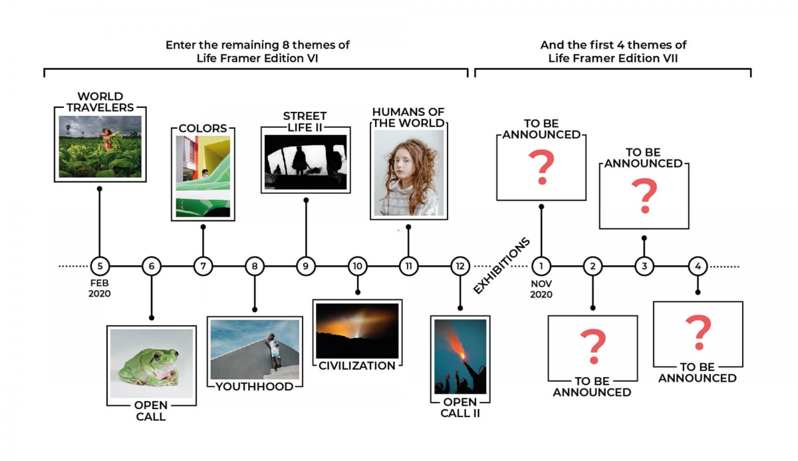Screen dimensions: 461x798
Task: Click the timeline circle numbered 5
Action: (100, 266)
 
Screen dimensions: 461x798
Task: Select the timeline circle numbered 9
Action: (306, 266)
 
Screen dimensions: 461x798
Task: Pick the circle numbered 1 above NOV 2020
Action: (541, 266)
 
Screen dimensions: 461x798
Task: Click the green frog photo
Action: (152, 364)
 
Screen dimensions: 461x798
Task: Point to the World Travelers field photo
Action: (100, 146)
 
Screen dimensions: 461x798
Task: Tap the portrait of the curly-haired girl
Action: (408, 173)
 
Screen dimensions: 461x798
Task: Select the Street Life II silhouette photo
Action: (306, 163)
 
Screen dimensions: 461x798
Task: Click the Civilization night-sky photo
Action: (357, 331)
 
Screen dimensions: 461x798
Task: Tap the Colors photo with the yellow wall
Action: (203, 176)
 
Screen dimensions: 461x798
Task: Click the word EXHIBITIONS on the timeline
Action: (502, 265)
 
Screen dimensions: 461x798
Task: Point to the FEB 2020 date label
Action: (100, 288)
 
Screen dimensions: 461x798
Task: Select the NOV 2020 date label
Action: (541, 288)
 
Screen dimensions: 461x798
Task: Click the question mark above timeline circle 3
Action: (644, 196)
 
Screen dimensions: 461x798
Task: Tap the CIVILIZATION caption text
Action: (357, 366)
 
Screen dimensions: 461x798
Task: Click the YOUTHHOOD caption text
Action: (255, 386)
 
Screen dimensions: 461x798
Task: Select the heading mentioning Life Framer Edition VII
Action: (613, 51)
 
